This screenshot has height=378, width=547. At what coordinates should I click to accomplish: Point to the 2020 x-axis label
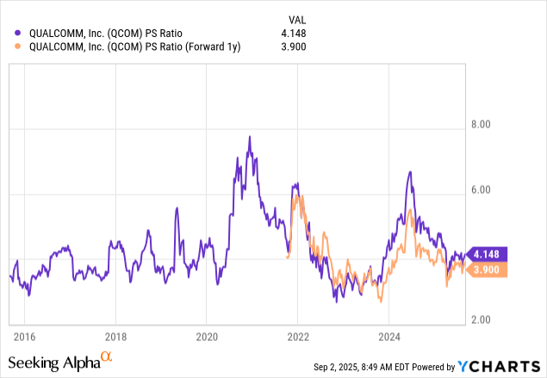[206, 336]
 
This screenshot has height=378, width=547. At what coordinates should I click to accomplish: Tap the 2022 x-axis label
[297, 336]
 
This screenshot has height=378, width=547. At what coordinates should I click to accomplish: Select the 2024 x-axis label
[388, 336]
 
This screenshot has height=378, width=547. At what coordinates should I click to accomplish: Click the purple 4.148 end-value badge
[488, 254]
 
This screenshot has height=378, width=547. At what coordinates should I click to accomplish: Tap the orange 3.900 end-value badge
[488, 270]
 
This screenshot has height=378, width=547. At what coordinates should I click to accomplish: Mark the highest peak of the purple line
[249, 136]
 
